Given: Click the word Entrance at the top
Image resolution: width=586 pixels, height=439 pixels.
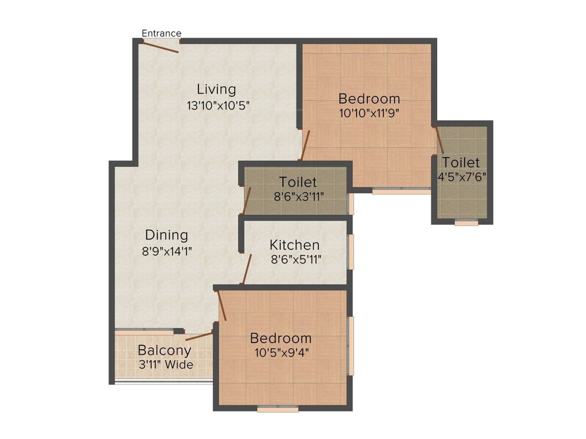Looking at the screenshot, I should (x=161, y=33).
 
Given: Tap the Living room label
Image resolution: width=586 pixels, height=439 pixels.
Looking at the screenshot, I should (x=216, y=89).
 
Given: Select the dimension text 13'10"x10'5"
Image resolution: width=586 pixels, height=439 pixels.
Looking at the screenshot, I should (x=218, y=105).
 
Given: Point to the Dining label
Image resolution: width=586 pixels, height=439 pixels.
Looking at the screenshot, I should (x=166, y=235).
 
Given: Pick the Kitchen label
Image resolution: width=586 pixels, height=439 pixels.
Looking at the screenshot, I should (x=295, y=245).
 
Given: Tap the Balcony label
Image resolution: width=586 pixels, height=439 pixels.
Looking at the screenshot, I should (x=165, y=350).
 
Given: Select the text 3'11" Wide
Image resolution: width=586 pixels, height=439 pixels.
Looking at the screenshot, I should (x=165, y=365).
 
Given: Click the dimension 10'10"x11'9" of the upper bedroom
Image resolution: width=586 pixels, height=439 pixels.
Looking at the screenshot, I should (x=369, y=113).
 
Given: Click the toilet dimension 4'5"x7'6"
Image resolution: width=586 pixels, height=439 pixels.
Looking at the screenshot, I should (x=461, y=177).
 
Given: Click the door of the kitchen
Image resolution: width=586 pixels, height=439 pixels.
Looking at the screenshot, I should (x=247, y=269).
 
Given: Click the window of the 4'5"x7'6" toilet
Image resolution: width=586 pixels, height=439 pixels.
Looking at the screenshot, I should (x=466, y=223).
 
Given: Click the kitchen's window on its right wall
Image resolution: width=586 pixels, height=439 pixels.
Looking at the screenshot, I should (x=351, y=250).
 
